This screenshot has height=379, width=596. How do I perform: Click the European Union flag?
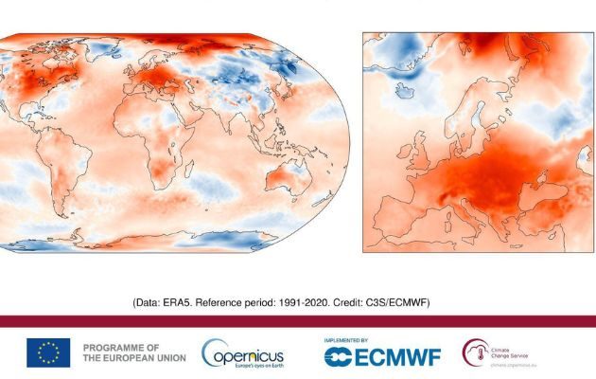point(48,352)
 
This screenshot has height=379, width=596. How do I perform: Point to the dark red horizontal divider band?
point(298,321)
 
